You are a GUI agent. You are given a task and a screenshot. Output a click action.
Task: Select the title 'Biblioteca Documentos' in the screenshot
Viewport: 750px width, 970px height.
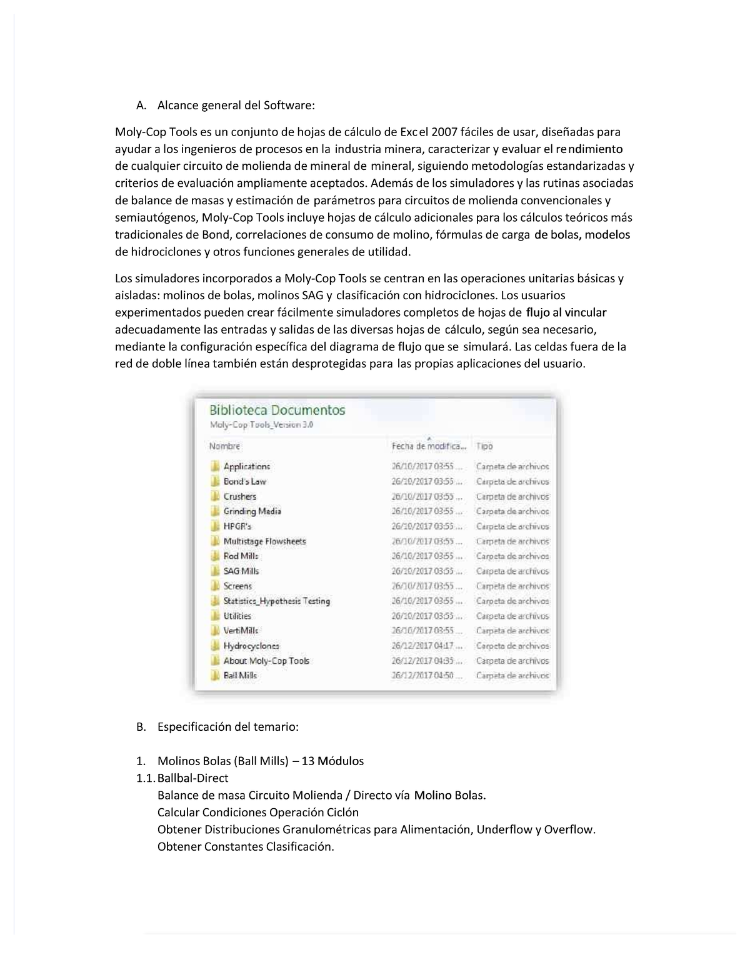pyautogui.click(x=277, y=410)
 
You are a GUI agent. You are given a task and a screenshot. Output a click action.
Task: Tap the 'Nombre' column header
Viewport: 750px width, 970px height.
pyautogui.click(x=224, y=446)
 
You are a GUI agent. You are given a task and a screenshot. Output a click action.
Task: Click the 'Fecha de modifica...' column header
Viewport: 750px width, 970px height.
pyautogui.click(x=429, y=446)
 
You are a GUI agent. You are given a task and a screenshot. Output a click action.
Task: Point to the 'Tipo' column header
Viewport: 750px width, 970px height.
pyautogui.click(x=484, y=446)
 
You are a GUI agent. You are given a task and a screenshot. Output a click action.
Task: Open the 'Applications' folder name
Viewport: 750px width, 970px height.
pyautogui.click(x=247, y=467)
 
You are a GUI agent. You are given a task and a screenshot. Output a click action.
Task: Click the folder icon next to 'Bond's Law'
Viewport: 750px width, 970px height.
pyautogui.click(x=216, y=482)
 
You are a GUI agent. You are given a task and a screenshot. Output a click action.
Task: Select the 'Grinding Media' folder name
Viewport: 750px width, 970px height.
pyautogui.click(x=252, y=512)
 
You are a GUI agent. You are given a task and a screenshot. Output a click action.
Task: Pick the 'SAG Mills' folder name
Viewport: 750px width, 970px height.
pyautogui.click(x=241, y=571)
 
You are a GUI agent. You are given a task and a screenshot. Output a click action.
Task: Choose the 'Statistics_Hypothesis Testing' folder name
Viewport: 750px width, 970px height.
pyautogui.click(x=276, y=601)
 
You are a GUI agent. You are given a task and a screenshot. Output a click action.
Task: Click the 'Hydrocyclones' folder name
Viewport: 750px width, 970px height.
pyautogui.click(x=251, y=646)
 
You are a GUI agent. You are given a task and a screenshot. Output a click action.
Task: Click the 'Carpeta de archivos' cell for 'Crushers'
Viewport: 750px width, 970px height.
pyautogui.click(x=512, y=497)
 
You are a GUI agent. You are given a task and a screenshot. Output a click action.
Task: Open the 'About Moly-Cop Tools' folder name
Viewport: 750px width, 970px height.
pyautogui.click(x=266, y=661)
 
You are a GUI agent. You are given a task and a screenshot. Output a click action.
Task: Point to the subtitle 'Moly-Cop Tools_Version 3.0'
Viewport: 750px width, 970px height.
pyautogui.click(x=261, y=425)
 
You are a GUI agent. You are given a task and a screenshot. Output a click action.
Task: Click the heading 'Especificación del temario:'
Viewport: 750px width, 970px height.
pyautogui.click(x=227, y=727)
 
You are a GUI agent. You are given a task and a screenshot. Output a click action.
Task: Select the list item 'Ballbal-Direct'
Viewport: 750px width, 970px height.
pyautogui.click(x=193, y=778)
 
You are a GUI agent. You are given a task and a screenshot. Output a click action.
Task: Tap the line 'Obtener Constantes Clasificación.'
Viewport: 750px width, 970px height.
pyautogui.click(x=246, y=847)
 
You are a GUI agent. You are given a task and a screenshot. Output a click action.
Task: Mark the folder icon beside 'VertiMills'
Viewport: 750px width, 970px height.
pyautogui.click(x=216, y=631)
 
